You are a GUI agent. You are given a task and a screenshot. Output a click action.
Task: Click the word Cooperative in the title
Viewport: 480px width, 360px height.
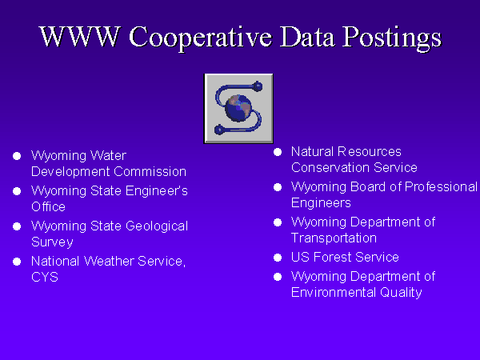(201, 38)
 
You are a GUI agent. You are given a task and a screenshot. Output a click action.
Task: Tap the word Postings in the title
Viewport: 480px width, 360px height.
(392, 38)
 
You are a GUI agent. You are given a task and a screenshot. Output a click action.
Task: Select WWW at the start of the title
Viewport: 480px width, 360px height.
(79, 37)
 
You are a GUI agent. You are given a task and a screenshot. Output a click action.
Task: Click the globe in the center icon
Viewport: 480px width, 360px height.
(238, 108)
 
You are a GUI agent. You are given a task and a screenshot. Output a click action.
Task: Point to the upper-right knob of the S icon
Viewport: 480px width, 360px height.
(258, 86)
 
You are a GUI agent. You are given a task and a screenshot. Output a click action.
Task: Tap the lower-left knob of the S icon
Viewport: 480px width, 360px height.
(219, 130)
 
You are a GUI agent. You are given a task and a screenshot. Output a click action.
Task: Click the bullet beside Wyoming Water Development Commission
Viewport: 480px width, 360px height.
(17, 156)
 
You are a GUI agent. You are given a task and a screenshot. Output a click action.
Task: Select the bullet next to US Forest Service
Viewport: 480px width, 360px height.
(278, 258)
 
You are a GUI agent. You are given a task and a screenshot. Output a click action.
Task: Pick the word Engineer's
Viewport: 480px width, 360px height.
(157, 191)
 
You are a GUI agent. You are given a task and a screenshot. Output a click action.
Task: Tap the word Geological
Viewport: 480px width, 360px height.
(157, 226)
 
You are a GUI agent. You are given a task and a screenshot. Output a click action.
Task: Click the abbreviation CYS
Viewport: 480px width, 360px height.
(45, 278)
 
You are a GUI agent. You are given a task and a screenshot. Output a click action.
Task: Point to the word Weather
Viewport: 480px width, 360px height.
(109, 261)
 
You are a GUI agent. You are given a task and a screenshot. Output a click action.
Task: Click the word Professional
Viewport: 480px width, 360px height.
(441, 187)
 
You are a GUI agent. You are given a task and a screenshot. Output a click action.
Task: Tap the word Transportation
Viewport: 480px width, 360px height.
(334, 238)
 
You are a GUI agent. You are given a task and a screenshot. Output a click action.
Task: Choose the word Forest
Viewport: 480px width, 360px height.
(333, 257)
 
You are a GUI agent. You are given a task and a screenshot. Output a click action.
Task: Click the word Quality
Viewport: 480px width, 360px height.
(401, 293)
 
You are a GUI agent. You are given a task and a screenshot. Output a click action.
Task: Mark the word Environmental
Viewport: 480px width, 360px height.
(334, 292)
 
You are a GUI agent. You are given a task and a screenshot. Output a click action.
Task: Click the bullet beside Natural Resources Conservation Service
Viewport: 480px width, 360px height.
(278, 152)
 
